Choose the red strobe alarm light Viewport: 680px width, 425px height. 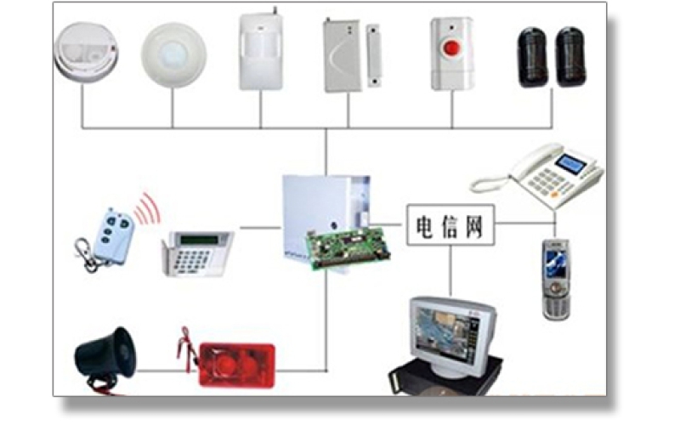[x=236, y=364]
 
